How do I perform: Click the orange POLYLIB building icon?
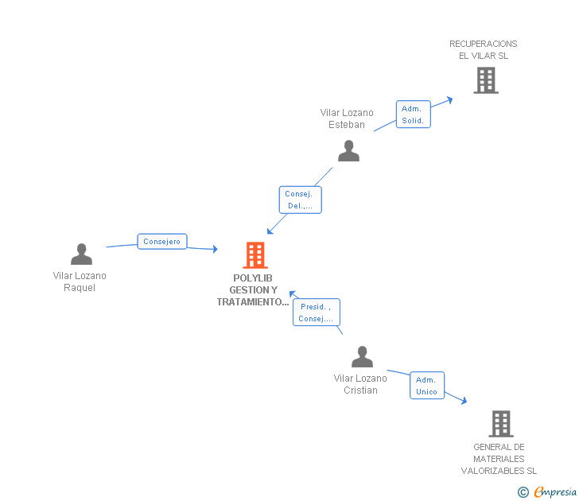[255, 255]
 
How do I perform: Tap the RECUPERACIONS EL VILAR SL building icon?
[485, 80]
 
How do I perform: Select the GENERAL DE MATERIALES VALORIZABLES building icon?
[500, 424]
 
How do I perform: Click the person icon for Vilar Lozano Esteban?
[348, 150]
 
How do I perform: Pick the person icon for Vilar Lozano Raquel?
[81, 254]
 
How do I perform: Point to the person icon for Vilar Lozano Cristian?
[362, 357]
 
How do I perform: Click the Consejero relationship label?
[162, 242]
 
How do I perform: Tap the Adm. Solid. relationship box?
[413, 115]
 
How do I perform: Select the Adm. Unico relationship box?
[427, 386]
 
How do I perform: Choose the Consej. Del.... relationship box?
[300, 200]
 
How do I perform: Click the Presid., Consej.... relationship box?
[317, 313]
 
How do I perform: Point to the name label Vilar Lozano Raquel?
[80, 282]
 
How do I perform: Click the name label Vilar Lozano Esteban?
[347, 118]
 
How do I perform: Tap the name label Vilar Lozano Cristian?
[360, 384]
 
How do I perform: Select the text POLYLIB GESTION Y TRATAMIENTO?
[253, 290]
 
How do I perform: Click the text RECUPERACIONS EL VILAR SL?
[484, 49]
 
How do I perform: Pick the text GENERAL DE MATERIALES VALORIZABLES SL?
[499, 459]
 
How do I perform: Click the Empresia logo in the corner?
[555, 492]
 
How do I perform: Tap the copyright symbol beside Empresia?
[523, 492]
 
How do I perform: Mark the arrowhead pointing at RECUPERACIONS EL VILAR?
[449, 99]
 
